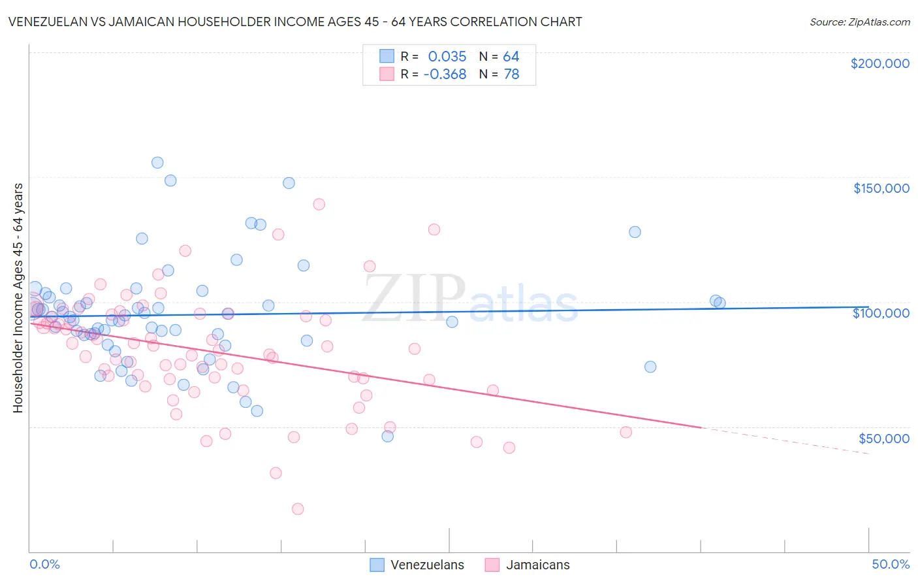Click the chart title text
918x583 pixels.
tap(294, 22)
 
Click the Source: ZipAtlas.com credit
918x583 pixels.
tap(859, 22)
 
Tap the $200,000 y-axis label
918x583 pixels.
tap(879, 63)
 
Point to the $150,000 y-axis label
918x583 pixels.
tap(881, 188)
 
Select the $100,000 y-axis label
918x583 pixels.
tap(881, 313)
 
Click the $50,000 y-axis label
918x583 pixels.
tap(883, 438)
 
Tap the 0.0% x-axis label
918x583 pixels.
tap(44, 564)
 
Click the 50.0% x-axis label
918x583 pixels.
tap(891, 564)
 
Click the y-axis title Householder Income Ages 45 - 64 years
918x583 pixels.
tap(18, 298)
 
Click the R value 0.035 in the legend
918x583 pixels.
tap(447, 56)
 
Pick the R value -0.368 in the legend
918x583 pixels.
tap(445, 75)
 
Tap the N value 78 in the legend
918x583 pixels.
tap(511, 75)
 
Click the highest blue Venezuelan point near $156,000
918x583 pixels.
tap(157, 163)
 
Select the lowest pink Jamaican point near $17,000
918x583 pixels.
tap(298, 509)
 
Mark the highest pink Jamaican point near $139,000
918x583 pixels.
tap(319, 204)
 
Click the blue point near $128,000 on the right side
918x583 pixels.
tap(635, 232)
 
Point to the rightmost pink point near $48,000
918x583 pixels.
tap(625, 432)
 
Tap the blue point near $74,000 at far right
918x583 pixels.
tap(650, 367)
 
